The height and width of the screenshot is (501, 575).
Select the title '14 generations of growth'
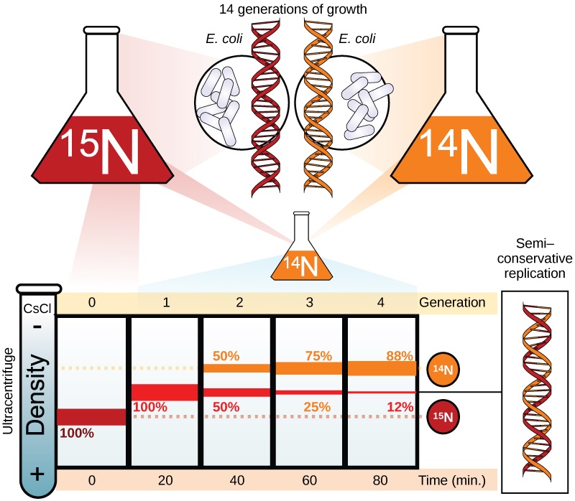click(x=287, y=9)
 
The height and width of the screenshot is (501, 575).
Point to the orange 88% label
click(x=398, y=355)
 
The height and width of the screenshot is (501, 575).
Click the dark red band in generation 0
click(x=92, y=416)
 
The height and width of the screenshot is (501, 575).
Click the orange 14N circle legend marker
click(x=443, y=369)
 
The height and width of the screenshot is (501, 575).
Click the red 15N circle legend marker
click(x=443, y=416)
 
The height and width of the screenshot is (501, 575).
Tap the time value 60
click(x=309, y=479)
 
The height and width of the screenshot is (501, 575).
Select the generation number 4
click(x=381, y=302)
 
